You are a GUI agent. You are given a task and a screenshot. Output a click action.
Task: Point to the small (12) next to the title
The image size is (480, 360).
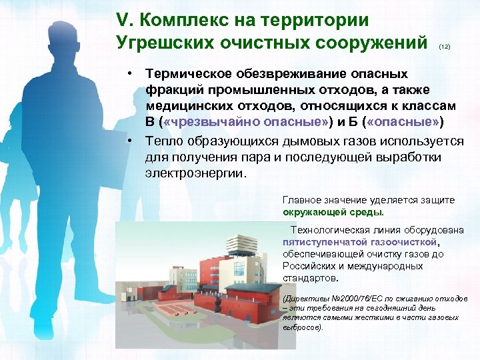(445, 47)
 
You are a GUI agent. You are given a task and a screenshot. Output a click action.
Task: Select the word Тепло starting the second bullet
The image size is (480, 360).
(166, 141)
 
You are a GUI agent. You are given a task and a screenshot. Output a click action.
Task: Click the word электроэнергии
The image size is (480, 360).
(195, 173)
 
